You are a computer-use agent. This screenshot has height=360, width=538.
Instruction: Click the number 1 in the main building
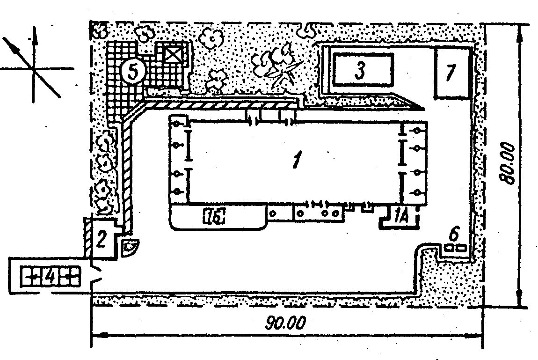click(x=296, y=161)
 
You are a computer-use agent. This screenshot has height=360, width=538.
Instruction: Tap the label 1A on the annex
click(x=400, y=216)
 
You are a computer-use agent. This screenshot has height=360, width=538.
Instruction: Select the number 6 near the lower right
click(x=454, y=232)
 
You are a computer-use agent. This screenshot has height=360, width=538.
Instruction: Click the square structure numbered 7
click(x=451, y=72)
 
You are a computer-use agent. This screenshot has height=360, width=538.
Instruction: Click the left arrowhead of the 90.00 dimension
click(x=96, y=335)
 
